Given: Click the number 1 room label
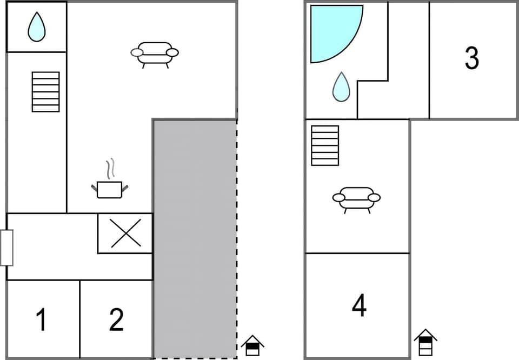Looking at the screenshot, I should point(41,319).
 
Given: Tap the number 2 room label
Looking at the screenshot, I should point(116,319).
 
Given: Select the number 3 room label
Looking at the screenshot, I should point(472,58).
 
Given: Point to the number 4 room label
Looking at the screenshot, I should point(359,306).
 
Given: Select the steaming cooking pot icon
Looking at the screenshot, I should point(110,189).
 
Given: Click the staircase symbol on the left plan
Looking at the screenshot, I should point(45,91).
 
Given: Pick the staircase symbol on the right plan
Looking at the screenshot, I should point(325,145).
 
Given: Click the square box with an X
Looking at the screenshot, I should point(125,233).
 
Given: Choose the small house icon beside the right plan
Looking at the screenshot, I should point(425,342).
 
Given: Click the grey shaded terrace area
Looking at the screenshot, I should point(195,238).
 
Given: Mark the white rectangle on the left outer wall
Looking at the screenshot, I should point(6,248).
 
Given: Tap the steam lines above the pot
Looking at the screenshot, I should point(111,169).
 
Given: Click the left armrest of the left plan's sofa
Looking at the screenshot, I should point(137,52).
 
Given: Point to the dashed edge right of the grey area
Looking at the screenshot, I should point(237,238).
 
